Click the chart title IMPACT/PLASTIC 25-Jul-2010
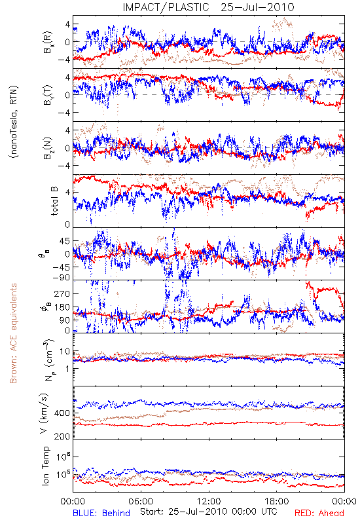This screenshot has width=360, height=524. click(208, 7)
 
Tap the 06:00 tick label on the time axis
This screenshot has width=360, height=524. click(141, 501)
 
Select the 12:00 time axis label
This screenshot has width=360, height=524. click(209, 501)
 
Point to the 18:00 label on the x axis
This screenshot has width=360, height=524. click(277, 501)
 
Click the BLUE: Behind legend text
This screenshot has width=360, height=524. click(101, 513)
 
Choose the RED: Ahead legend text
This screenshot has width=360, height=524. click(319, 513)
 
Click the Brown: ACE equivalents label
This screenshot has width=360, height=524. click(13, 333)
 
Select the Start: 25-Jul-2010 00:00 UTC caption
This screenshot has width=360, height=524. click(209, 512)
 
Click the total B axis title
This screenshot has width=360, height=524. click(54, 201)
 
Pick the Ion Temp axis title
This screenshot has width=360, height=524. click(45, 466)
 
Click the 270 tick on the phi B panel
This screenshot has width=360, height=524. click(62, 293)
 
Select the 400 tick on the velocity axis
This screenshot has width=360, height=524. click(62, 413)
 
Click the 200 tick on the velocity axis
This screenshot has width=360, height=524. click(62, 436)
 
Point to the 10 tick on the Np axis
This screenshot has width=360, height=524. click(65, 352)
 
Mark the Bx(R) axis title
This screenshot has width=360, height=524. click(48, 42)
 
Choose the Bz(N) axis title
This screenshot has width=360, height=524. click(48, 148)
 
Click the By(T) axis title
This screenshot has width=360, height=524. click(48, 95)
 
